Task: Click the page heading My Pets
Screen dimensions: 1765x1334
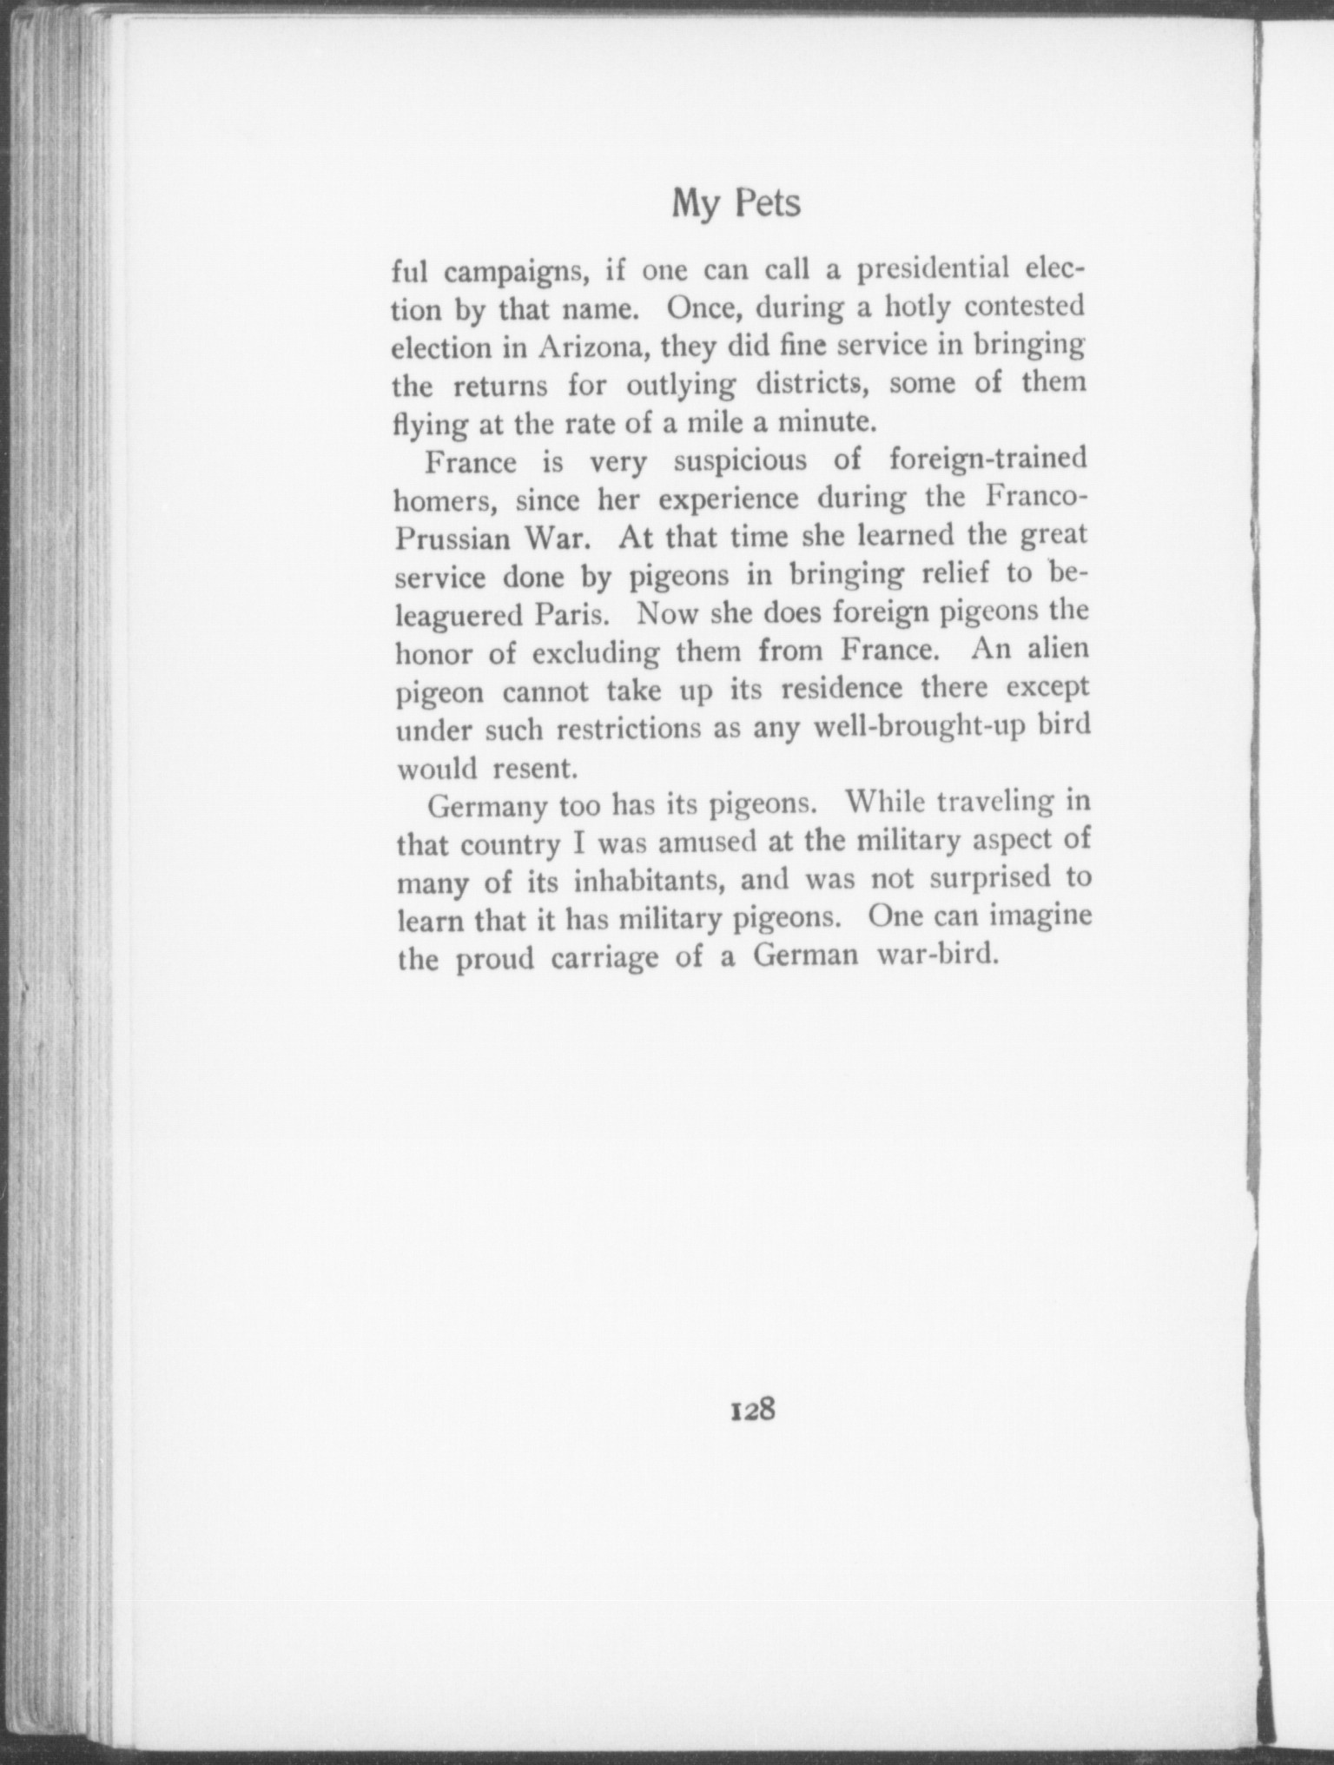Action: pyautogui.click(x=736, y=204)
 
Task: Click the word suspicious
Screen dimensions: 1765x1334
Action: pyautogui.click(x=740, y=460)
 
